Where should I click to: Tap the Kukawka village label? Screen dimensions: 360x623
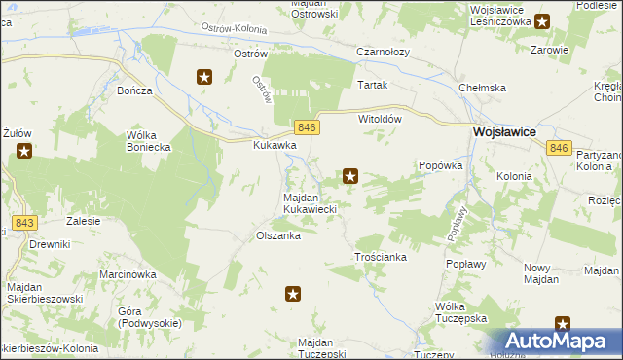[x=275, y=145]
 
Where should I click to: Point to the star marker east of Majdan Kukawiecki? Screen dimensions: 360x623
[x=350, y=176]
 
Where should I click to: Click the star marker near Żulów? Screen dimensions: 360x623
[x=24, y=151]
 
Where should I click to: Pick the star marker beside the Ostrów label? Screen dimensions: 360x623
[x=204, y=77]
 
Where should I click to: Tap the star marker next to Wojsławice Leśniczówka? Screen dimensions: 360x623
[x=542, y=19]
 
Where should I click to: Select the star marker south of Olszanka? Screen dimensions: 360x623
[x=293, y=293]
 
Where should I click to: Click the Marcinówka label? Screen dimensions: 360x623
[x=128, y=274]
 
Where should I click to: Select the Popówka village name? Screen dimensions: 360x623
[x=438, y=166]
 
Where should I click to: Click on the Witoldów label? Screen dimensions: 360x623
[x=381, y=118]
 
